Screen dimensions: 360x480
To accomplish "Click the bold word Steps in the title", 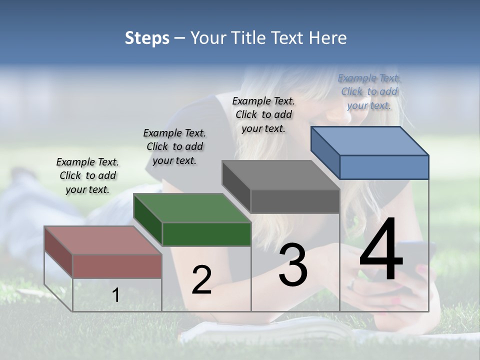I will pos(146,38).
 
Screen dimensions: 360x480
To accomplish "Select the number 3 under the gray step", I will pos(292,265).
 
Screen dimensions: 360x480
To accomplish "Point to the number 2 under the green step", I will pos(201,280).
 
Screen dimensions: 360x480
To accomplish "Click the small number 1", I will pos(115,295).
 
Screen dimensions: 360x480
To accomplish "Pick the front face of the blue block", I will pos(384,167).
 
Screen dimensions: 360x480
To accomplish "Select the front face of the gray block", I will pos(295,201).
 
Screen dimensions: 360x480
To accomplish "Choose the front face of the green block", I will pos(206,234).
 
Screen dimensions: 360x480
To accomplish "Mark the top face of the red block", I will pos(103,240).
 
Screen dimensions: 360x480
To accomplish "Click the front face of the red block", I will pos(117,266).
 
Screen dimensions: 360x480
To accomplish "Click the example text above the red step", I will pos(87,175).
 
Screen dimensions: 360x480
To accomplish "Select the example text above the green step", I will pos(174,146).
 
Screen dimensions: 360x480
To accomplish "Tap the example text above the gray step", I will pos(263,114).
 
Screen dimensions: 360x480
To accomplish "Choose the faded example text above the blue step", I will pos(369,91).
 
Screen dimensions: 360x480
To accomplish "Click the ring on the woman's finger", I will pos(351,284).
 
